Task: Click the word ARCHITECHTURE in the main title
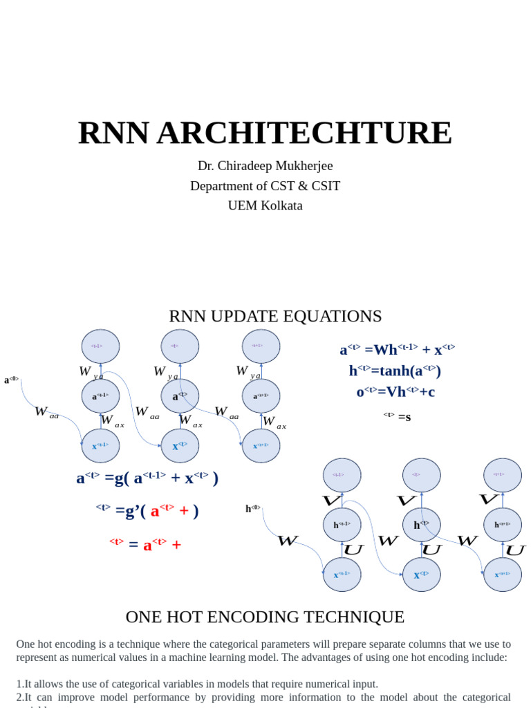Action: [304, 133]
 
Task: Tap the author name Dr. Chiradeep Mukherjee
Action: [265, 166]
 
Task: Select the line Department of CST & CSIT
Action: [265, 186]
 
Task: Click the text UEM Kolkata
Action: [265, 205]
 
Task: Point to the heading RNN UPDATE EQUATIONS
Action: [275, 317]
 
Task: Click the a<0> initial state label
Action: [11, 380]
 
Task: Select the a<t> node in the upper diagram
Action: [180, 396]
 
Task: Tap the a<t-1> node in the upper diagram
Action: [100, 396]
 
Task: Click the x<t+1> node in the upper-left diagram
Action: [261, 446]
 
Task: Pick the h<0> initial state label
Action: [252, 509]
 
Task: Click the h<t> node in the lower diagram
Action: [421, 525]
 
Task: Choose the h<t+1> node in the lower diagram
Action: [502, 525]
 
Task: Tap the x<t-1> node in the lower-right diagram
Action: [342, 575]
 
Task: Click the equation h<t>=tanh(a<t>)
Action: [395, 371]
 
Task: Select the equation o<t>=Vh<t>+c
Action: [395, 392]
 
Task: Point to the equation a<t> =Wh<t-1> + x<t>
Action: [397, 350]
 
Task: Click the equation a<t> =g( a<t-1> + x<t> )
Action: [147, 478]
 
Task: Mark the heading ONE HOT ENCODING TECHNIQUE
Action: [265, 617]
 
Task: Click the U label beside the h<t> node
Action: [432, 550]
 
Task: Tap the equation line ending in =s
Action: [398, 416]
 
